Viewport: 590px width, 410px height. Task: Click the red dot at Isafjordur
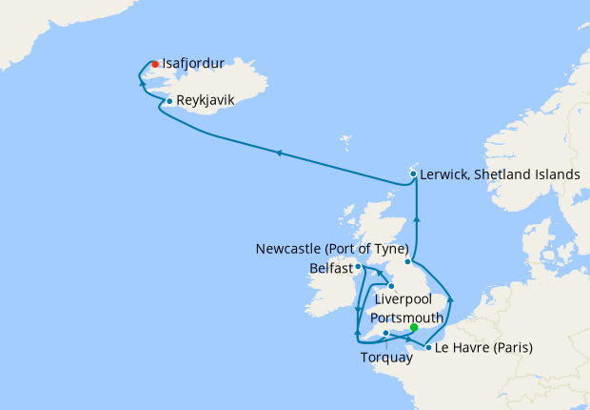click(155, 65)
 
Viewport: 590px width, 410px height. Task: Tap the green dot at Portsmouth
click(413, 327)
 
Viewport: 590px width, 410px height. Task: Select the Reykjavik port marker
click(168, 101)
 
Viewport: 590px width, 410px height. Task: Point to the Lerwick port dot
click(412, 174)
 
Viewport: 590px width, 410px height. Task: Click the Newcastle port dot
click(408, 261)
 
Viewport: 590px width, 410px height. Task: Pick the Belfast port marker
click(358, 268)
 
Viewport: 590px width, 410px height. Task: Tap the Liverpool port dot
click(391, 285)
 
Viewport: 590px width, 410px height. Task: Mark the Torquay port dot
click(385, 333)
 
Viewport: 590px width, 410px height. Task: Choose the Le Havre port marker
click(428, 348)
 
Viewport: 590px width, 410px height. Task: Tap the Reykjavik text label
click(205, 98)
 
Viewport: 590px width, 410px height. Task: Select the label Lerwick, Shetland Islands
click(500, 174)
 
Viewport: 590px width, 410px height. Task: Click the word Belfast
click(330, 269)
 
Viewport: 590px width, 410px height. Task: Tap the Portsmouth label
click(406, 316)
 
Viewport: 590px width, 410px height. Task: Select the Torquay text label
click(386, 359)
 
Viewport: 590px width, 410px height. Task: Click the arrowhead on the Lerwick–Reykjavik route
click(278, 152)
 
